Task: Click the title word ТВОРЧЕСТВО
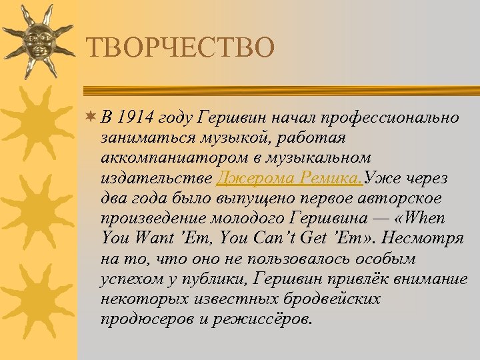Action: (x=180, y=48)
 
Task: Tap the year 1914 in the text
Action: (x=135, y=118)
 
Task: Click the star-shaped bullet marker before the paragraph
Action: (x=91, y=118)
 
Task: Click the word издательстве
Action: (x=157, y=178)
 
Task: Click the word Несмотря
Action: (x=429, y=238)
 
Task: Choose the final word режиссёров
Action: (x=264, y=318)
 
